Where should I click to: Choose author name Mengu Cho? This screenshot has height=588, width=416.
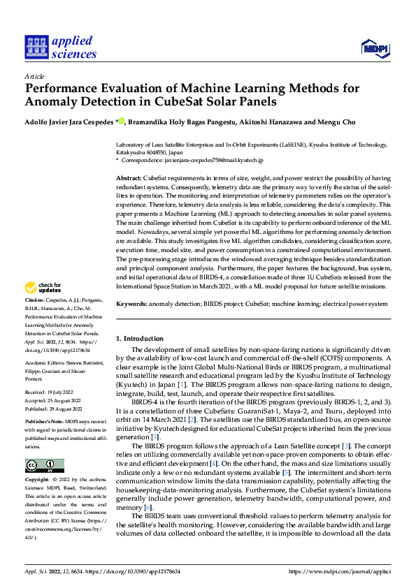point(336,122)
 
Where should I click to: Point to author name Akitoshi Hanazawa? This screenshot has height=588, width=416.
point(267,122)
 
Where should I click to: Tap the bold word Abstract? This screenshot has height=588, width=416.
point(129,179)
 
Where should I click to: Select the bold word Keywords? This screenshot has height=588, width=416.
point(131,304)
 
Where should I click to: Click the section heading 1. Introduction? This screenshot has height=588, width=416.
point(139,337)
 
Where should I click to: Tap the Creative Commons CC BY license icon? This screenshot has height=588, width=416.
point(44,466)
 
